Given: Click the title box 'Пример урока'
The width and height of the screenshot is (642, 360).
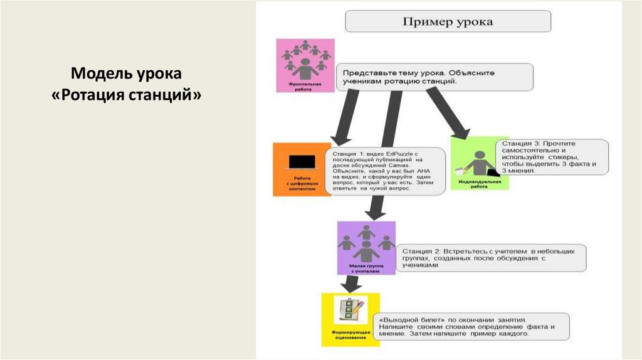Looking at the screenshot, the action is [448, 22].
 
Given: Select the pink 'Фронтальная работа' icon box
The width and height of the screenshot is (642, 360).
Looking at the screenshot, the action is [305, 65].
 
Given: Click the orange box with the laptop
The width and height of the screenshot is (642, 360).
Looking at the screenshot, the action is [299, 169].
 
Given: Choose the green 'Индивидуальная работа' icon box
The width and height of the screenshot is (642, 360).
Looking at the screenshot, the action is [480, 164].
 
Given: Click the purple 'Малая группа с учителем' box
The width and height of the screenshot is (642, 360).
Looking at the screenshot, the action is [366, 248].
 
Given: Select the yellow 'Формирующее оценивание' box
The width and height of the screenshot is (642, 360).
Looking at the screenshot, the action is [346, 319].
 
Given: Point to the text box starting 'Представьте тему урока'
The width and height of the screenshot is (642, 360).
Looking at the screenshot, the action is [434, 77].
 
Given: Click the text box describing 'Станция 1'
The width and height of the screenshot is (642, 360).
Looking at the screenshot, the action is [386, 171].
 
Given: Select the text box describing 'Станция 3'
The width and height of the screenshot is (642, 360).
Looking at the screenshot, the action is [552, 157].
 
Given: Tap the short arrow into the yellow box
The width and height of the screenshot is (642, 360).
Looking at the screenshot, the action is [351, 285].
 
